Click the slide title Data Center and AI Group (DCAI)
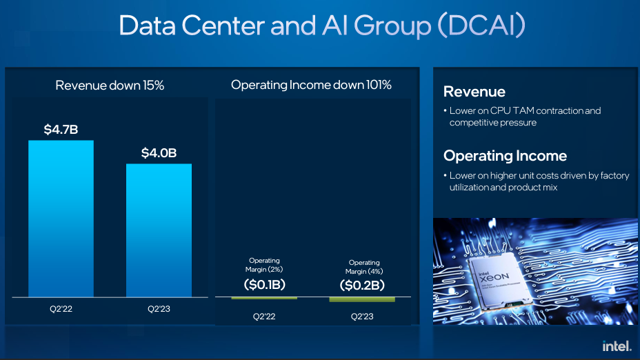tap(322, 26)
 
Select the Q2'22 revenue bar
tap(61, 219)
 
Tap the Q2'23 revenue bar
tap(159, 230)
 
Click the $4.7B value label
tap(61, 130)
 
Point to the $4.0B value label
tap(159, 153)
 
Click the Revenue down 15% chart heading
tap(110, 86)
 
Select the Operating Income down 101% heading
tap(311, 86)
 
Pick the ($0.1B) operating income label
tap(264, 284)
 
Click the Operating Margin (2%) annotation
tap(264, 265)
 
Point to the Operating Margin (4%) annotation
tap(363, 267)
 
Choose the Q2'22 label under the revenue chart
tap(61, 309)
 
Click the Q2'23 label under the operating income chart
tap(362, 317)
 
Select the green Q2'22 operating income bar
tap(264, 298)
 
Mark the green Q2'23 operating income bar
tap(362, 299)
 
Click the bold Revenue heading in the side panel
tap(474, 92)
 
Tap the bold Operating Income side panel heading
tap(505, 156)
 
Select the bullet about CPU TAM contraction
tap(525, 117)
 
